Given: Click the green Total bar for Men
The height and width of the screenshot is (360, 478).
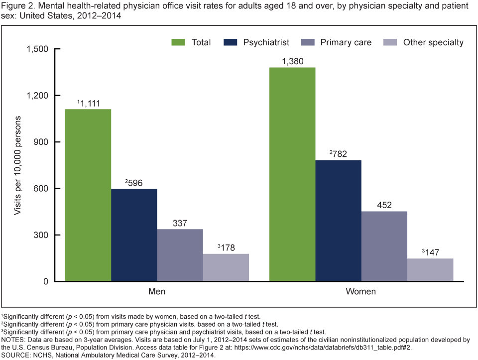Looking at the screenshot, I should [x=88, y=195].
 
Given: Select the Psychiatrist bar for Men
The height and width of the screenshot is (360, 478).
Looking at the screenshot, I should [x=134, y=235].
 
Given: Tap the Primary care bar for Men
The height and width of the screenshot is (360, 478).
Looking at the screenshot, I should [x=180, y=255].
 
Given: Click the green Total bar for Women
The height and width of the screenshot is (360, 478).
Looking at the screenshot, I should [x=292, y=174].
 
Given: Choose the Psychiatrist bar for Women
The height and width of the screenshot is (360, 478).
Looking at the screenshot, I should [x=338, y=221].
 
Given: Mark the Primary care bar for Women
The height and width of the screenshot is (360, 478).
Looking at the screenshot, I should [x=384, y=246].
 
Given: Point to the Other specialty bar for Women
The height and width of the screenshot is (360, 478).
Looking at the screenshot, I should [x=430, y=270].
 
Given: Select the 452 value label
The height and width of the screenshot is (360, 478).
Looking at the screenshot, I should [x=384, y=205].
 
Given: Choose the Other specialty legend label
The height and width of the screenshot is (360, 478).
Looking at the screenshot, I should [x=433, y=42].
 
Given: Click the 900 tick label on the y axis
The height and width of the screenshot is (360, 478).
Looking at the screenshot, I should [x=39, y=142].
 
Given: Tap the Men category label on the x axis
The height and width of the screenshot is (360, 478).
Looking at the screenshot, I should [x=157, y=291].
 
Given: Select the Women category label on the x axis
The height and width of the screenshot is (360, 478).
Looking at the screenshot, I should [x=361, y=291].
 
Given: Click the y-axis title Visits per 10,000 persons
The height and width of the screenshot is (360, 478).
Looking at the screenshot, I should [x=17, y=165].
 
